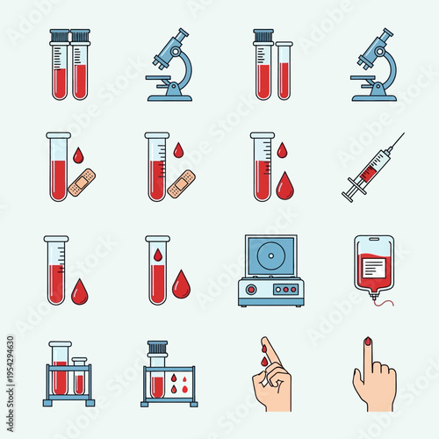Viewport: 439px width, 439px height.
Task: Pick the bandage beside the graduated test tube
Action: [181, 184]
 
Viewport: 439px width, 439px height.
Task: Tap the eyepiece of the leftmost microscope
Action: [180, 35]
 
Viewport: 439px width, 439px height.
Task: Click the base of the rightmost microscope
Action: [373, 96]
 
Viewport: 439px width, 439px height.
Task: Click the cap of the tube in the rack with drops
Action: [157, 345]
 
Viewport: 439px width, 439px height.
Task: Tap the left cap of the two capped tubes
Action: [60, 36]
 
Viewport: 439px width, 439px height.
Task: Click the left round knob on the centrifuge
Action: [252, 289]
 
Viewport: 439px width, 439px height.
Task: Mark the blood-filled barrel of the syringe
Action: [371, 165]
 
